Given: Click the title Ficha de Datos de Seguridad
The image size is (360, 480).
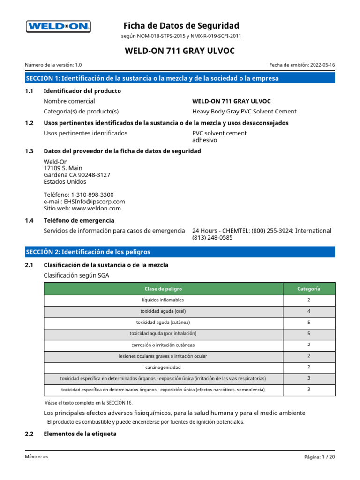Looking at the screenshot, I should [x=181, y=25].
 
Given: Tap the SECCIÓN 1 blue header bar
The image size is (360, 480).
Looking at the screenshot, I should [x=180, y=78].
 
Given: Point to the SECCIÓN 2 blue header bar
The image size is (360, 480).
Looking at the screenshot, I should [x=180, y=252].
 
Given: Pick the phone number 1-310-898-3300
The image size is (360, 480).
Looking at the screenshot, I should [x=92, y=195].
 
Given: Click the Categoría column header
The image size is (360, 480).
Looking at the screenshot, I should [x=309, y=289].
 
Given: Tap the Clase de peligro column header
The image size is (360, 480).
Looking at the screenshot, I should [x=163, y=289].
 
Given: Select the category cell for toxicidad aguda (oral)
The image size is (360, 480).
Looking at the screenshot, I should [x=309, y=311].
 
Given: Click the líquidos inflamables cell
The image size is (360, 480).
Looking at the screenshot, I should [x=163, y=300].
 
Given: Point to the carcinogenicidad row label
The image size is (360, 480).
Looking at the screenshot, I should [x=163, y=367].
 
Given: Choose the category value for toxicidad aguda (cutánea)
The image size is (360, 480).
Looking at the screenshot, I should [x=309, y=322].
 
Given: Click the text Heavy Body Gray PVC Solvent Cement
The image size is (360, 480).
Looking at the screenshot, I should [x=244, y=112].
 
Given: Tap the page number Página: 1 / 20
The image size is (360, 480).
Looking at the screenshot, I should [x=319, y=457].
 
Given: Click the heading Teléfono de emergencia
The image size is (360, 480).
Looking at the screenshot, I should [x=79, y=220].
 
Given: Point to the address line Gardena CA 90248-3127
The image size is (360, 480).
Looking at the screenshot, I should [x=77, y=175].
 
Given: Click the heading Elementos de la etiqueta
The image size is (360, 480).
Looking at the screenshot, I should [x=80, y=434].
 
